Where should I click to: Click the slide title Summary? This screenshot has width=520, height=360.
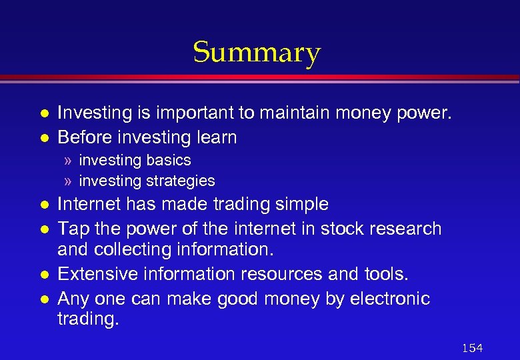click(x=257, y=52)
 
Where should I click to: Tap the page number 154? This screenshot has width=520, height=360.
click(x=471, y=348)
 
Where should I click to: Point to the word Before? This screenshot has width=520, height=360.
click(x=85, y=137)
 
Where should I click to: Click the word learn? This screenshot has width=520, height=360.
click(x=217, y=137)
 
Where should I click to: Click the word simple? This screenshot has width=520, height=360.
click(x=298, y=204)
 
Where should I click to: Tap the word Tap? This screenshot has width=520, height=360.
click(x=72, y=229)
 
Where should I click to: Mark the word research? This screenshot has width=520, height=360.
click(x=406, y=229)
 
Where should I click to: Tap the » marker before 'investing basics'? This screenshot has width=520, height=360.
click(x=68, y=161)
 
